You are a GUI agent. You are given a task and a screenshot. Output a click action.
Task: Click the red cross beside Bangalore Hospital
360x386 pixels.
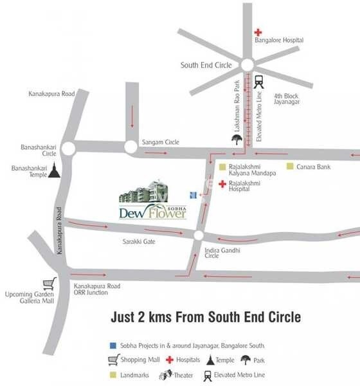tap(258, 32)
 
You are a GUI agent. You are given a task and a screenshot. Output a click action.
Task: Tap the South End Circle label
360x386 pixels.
tap(207, 65)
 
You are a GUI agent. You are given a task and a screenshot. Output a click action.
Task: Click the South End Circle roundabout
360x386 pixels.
tap(247, 65)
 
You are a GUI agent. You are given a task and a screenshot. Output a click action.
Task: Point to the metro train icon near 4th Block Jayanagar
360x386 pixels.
tap(260, 82)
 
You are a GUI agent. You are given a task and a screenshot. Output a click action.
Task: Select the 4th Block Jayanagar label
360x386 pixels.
tap(287, 98)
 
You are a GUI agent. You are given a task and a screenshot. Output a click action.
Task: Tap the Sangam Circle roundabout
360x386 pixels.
tap(130, 148)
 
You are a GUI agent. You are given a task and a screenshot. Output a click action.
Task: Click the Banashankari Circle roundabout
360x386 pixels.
tap(69, 149)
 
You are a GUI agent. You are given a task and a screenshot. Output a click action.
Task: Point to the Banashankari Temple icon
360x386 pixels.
tap(56, 170)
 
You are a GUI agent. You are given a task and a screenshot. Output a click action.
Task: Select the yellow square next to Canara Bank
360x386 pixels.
tap(290, 167)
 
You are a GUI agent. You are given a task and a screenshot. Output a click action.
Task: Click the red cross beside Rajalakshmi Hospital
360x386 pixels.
tap(222, 185)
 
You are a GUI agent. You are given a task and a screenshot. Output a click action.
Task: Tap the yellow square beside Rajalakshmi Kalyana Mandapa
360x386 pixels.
tap(222, 167)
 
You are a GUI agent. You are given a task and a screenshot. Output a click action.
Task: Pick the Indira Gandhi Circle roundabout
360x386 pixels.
tap(199, 235)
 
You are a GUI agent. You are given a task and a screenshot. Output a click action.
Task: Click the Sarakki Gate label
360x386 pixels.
tap(139, 243)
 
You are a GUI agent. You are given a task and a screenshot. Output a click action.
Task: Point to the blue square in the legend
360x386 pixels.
tap(113, 345)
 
